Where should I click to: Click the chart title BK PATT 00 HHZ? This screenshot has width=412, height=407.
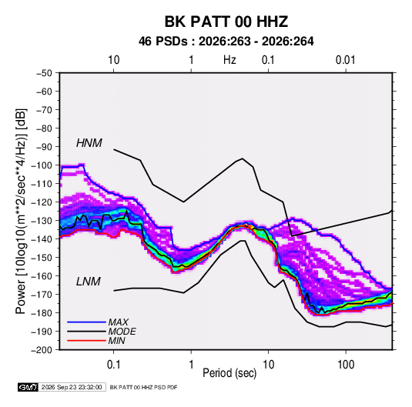(226, 22)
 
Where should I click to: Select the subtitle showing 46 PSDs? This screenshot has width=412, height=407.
(226, 42)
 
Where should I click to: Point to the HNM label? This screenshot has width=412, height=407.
(89, 143)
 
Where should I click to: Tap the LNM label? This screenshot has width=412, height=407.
(89, 282)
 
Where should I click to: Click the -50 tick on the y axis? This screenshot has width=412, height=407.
(44, 73)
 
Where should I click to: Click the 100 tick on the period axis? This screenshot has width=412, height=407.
(346, 365)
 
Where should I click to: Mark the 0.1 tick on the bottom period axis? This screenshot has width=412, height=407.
(113, 365)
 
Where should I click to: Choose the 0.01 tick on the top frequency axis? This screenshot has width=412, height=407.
(345, 60)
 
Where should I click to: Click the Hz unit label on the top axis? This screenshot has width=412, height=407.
(229, 60)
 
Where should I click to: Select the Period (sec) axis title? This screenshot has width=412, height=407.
(229, 373)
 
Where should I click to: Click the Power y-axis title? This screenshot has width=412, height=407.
(21, 211)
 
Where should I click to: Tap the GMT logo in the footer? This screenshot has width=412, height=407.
(28, 387)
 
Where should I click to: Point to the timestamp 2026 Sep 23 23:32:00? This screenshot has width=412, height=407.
(72, 387)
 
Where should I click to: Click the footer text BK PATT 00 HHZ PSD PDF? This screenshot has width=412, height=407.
(143, 387)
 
